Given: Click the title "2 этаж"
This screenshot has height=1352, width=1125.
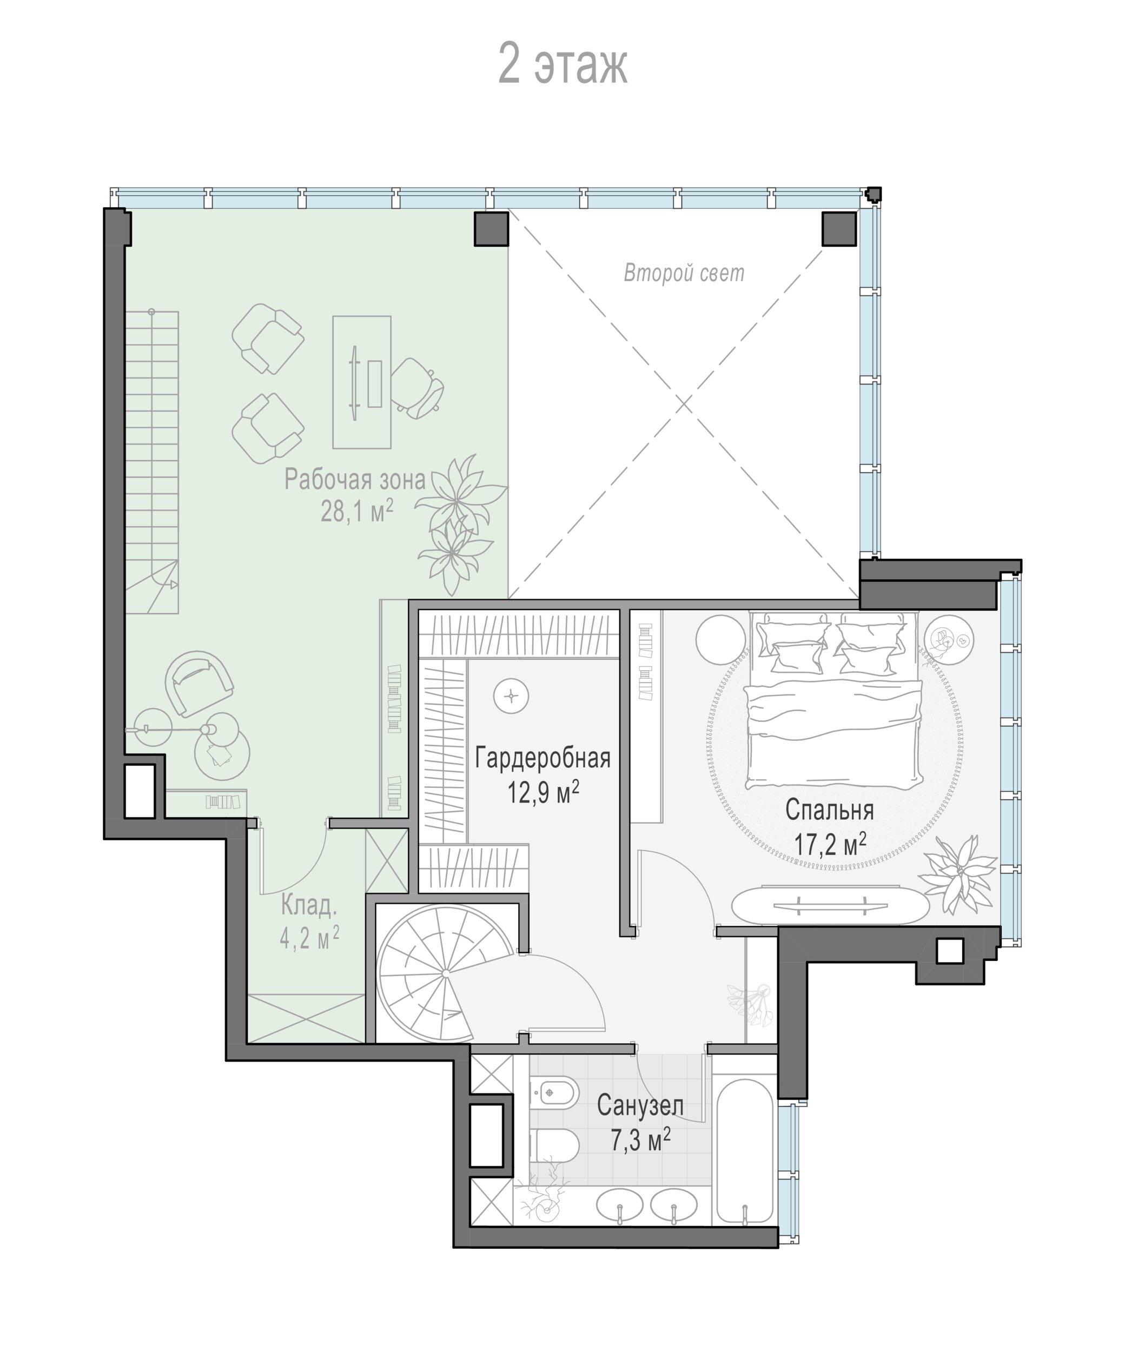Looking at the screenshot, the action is tap(563, 64).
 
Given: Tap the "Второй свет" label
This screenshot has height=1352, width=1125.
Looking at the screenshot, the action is tap(684, 273).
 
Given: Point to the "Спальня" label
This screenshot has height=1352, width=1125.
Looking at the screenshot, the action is tap(830, 810).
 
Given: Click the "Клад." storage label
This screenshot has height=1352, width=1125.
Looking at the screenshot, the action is tap(309, 906).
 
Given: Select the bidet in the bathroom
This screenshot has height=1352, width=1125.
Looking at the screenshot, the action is tap(553, 1091).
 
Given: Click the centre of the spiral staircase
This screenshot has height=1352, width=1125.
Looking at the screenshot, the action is tap(445, 973).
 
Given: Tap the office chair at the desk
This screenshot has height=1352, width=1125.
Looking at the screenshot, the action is tap(418, 388).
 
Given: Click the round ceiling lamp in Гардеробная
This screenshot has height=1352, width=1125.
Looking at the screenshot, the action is tap(511, 696).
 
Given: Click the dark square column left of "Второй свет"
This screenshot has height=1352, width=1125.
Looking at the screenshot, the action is tap(491, 229).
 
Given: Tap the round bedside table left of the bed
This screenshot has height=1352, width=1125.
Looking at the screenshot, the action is tap(720, 639).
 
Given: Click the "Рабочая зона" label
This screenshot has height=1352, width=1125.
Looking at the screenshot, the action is tap(355, 479).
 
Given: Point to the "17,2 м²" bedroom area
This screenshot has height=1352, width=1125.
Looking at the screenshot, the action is tap(830, 844).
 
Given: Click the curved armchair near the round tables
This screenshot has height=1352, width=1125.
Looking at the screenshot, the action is tap(198, 683).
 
